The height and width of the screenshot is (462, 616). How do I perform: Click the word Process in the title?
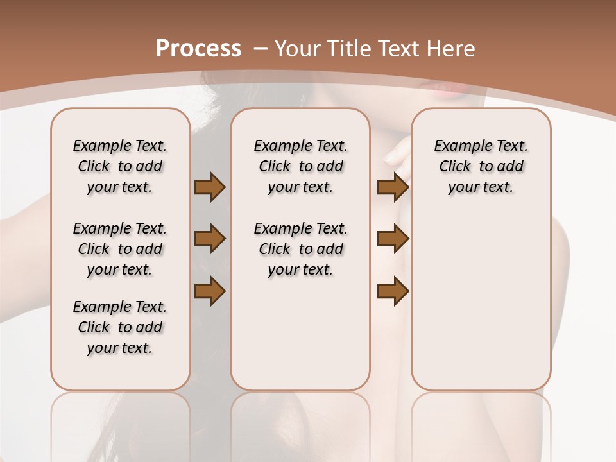pyautogui.click(x=198, y=48)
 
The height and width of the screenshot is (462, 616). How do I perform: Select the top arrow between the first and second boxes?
pyautogui.click(x=210, y=187)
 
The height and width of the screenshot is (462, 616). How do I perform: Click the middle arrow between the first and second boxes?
pyautogui.click(x=210, y=239)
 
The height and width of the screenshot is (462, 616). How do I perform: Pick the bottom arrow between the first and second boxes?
pyautogui.click(x=210, y=291)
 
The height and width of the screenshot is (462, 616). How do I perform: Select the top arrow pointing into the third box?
pyautogui.click(x=393, y=187)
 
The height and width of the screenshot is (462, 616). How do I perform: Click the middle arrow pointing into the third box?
pyautogui.click(x=393, y=239)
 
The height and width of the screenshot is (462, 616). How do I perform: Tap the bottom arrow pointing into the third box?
pyautogui.click(x=393, y=291)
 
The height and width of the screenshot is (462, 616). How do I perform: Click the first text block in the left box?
pyautogui.click(x=120, y=166)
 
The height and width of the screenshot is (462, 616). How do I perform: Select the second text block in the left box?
pyautogui.click(x=120, y=249)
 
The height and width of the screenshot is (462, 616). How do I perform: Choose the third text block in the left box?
pyautogui.click(x=120, y=327)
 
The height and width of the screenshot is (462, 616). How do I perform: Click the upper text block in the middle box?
pyautogui.click(x=300, y=166)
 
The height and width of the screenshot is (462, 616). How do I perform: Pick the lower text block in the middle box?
pyautogui.click(x=300, y=249)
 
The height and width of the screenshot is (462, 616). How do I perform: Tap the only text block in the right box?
pyautogui.click(x=481, y=166)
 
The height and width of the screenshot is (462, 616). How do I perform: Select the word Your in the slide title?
pyautogui.click(x=298, y=48)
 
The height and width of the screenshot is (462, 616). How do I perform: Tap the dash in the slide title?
pyautogui.click(x=261, y=48)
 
